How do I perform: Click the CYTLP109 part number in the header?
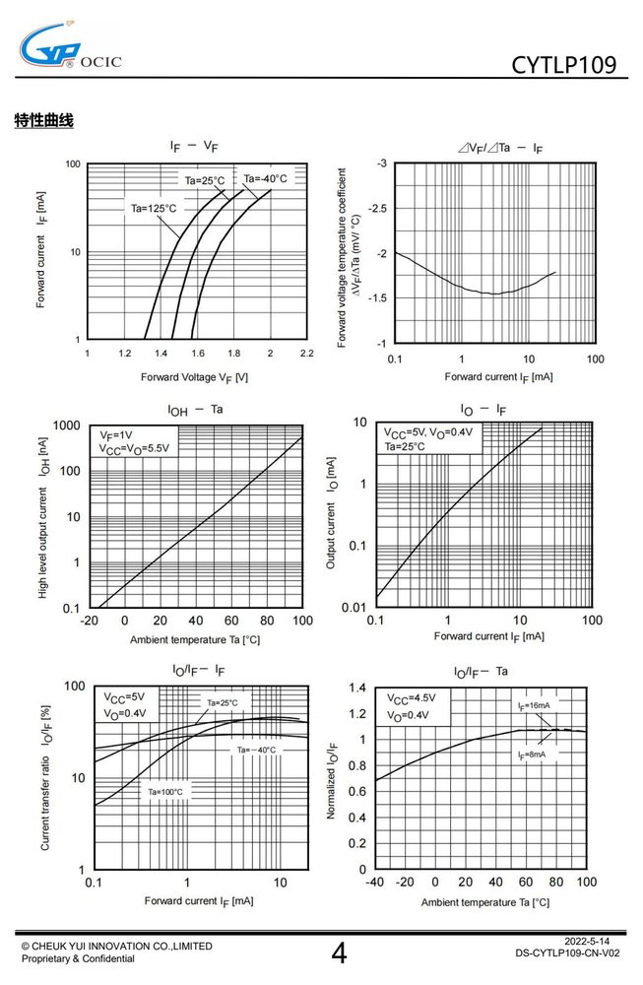(x=564, y=65)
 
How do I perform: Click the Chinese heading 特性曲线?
(x=44, y=120)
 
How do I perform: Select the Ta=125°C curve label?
(x=154, y=209)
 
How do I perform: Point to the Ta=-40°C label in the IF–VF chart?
(x=265, y=178)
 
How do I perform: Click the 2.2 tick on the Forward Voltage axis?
(x=306, y=353)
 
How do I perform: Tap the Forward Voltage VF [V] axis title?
(x=194, y=377)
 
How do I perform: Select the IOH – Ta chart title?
(x=195, y=410)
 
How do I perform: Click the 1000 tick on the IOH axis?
(x=67, y=426)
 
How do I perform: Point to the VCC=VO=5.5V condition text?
(x=134, y=448)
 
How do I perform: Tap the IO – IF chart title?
(x=482, y=410)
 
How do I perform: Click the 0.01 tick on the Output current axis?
(x=354, y=608)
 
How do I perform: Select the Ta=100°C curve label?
(x=165, y=792)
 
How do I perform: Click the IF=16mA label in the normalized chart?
(x=534, y=705)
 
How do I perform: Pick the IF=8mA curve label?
(x=531, y=755)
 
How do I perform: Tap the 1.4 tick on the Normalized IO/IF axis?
(x=357, y=688)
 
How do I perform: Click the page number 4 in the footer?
(x=339, y=952)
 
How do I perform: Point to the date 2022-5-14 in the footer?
(x=587, y=941)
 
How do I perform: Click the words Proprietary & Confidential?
(x=78, y=958)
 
